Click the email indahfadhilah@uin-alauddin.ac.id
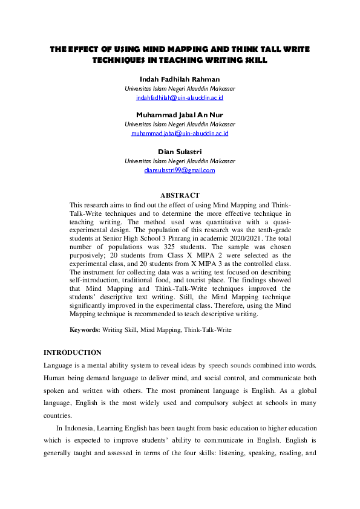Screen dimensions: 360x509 pos(180,97)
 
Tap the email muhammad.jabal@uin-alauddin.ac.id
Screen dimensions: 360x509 pos(180,133)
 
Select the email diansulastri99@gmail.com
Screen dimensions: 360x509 pos(180,170)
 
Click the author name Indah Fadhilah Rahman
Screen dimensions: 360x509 pos(180,79)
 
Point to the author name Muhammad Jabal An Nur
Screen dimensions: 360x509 pos(180,115)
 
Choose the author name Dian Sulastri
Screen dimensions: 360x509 pos(180,152)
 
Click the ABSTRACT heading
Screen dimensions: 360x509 pos(180,196)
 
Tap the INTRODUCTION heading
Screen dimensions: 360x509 pos(73,352)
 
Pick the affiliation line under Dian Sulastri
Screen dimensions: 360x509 pos(180,161)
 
